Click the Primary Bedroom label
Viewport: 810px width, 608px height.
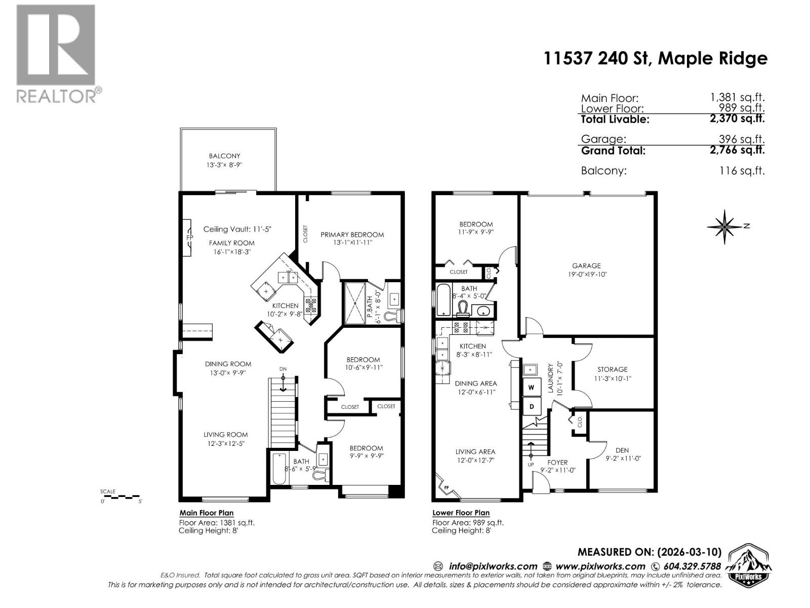[352, 235]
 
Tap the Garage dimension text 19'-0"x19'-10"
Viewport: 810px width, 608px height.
[586, 274]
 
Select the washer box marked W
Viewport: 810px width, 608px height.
[532, 388]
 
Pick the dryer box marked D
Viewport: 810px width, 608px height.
[532, 406]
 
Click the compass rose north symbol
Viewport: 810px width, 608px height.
[725, 226]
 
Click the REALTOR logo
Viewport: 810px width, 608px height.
[56, 53]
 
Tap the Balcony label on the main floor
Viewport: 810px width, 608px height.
[224, 156]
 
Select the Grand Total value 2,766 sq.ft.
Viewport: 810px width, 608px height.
[737, 150]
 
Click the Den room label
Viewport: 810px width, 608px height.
[622, 450]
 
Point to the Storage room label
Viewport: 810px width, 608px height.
[612, 369]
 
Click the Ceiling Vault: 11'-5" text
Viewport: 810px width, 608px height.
[237, 229]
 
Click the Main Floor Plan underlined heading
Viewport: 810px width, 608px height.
[207, 513]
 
